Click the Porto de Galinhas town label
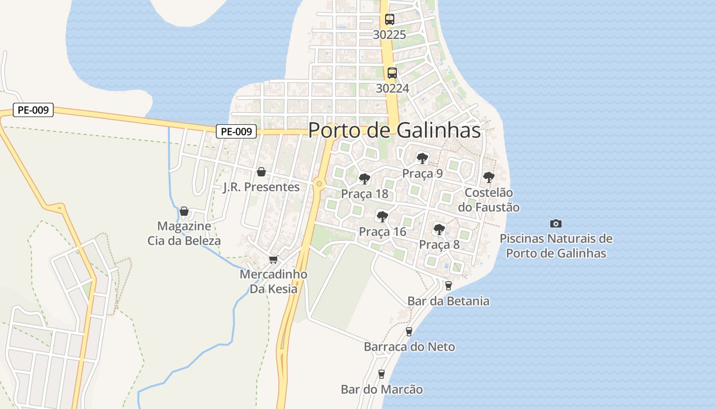[x=394, y=130]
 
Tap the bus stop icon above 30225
[x=390, y=19]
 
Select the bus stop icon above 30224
[x=392, y=73]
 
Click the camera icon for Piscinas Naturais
[x=556, y=223]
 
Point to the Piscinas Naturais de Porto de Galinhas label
[x=556, y=246]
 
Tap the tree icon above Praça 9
[x=422, y=158]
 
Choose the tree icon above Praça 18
[x=365, y=178]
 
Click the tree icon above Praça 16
[x=382, y=216]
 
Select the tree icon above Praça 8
[x=439, y=229]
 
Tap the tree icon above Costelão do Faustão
[x=489, y=177]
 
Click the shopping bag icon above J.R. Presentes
[x=261, y=171]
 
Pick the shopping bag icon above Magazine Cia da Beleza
[x=184, y=211]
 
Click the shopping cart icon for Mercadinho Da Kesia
[x=274, y=260]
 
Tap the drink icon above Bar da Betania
[x=449, y=285]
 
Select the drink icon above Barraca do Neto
[x=409, y=331]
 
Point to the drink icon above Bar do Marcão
[x=381, y=374]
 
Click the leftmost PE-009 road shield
[x=33, y=110]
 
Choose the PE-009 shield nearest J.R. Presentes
[x=236, y=131]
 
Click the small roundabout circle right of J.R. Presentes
[x=319, y=183]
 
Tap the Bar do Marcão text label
[x=382, y=390]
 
